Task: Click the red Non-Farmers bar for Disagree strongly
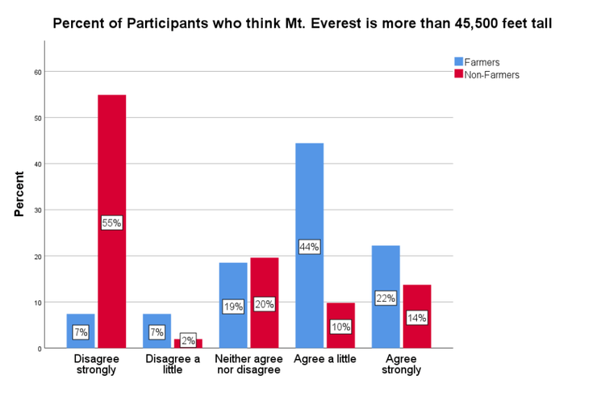(x=111, y=161)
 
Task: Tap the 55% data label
(x=111, y=223)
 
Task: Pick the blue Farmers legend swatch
(x=459, y=61)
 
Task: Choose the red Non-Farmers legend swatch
(x=459, y=74)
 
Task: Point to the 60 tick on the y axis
(x=37, y=72)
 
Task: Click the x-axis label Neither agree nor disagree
(x=248, y=364)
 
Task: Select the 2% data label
(x=187, y=340)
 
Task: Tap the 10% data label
(x=340, y=327)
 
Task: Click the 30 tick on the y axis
(x=37, y=210)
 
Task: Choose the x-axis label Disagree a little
(x=172, y=364)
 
